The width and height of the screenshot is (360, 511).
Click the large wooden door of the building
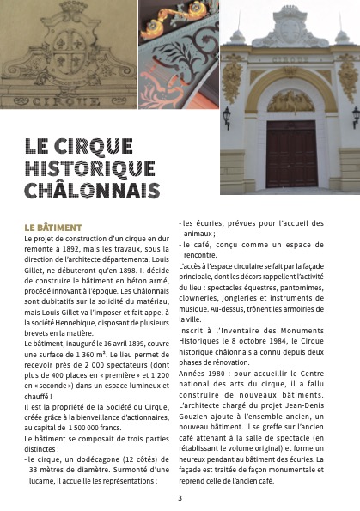click(x=291, y=153)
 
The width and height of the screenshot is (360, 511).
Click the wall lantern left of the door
click(x=227, y=114)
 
